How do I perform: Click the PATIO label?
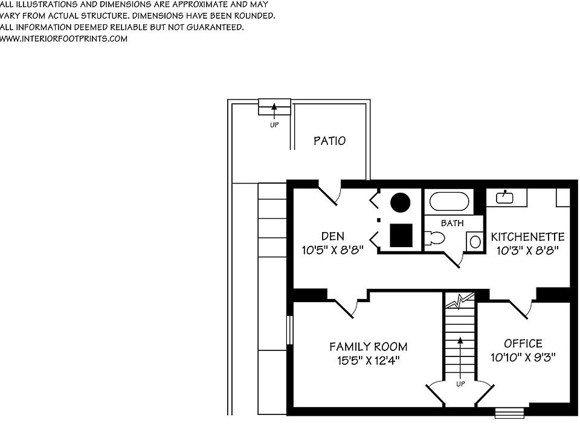tap(329, 141)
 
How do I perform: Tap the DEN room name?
tap(332, 236)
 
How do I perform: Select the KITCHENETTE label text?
tap(527, 236)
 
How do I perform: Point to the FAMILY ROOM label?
tap(368, 347)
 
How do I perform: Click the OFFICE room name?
tap(523, 343)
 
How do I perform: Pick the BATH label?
tap(452, 223)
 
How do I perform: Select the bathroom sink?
tap(475, 242)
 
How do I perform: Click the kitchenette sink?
tap(504, 196)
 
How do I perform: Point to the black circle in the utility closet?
tap(400, 202)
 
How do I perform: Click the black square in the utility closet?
tap(401, 235)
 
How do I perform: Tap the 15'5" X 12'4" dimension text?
tap(368, 361)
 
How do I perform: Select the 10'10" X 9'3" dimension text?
tap(523, 357)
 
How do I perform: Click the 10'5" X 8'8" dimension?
tap(332, 250)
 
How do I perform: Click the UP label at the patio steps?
tap(274, 125)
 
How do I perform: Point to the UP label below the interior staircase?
tap(460, 384)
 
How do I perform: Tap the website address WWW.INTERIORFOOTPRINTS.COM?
tap(63, 39)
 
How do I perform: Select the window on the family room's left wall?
tap(289, 332)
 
